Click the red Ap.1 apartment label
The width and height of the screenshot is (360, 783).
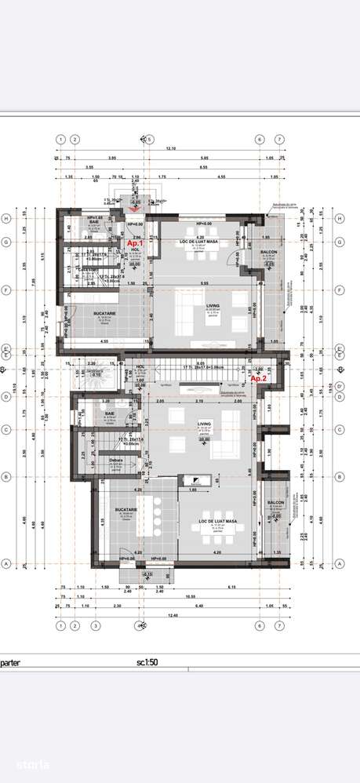tap(136, 244)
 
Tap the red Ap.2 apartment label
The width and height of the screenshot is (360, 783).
tap(259, 378)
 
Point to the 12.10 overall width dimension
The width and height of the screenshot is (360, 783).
tap(170, 149)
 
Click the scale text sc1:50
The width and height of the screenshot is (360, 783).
tap(147, 662)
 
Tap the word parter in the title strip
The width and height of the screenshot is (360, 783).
tap(11, 662)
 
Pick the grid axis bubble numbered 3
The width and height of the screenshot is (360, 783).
tap(95, 626)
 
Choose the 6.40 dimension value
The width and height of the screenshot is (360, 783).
tap(200, 606)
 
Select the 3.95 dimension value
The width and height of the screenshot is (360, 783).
tap(112, 159)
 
